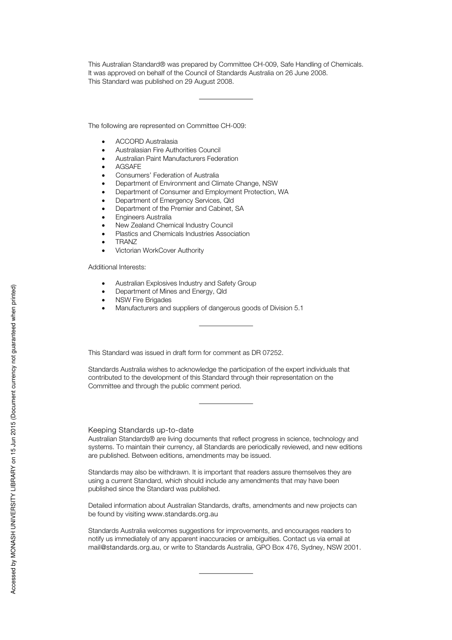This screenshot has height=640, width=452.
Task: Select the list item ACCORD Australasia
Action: pos(146,141)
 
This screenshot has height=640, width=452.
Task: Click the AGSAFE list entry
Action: pos(128,167)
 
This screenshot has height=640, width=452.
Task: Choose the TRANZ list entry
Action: pos(126,242)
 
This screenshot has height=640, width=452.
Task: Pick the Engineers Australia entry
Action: pos(143,217)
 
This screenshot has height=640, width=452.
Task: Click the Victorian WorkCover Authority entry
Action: pos(159,250)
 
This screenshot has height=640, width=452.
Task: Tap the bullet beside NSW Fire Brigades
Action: pos(104,300)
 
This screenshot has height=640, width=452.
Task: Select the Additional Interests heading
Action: pos(117,267)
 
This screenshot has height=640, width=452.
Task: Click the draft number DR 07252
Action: pos(267,353)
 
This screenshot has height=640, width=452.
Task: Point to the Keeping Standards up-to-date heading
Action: pos(140,430)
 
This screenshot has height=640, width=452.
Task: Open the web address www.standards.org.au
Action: pos(182,514)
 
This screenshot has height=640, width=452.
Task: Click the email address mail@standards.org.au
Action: pos(124,547)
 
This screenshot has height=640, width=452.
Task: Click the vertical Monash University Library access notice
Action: pos(13,439)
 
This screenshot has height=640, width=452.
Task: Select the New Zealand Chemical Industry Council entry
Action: pos(174,225)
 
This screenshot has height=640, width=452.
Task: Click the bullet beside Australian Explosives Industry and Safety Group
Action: pos(104,284)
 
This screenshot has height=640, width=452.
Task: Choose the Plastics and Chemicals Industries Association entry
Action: pos(182,234)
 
